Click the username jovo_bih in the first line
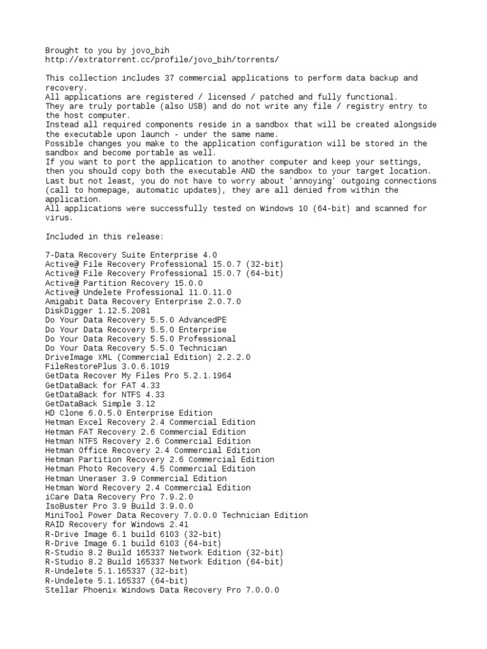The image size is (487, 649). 150,50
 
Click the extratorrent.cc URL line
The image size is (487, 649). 162,60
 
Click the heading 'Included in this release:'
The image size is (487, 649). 105,236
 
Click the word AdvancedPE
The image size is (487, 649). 202,320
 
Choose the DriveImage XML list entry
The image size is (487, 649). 148,357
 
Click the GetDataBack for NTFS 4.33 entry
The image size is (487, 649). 102,394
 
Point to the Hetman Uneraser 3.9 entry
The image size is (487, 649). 136,479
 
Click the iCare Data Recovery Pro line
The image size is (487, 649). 119,497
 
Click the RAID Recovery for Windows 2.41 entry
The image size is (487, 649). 117,525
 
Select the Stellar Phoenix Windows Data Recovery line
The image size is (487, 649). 162,590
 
